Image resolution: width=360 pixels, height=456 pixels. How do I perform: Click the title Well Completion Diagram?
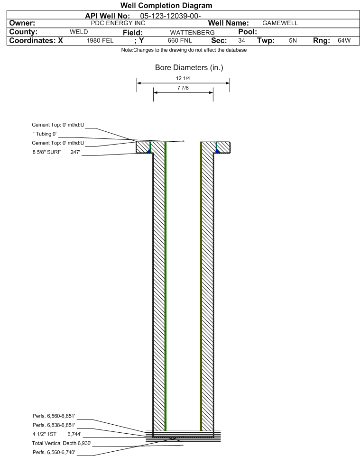pos(166,6)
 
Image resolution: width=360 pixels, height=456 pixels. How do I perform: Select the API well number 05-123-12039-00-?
pos(171,16)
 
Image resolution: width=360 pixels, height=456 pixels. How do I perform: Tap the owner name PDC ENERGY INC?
pos(118,23)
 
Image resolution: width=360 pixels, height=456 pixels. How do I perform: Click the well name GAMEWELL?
pos(280,23)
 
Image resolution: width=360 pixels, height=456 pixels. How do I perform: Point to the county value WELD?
pos(79,32)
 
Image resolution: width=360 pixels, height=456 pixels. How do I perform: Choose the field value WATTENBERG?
pos(193,33)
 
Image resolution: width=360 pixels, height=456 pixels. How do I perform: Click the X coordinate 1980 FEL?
pos(100,40)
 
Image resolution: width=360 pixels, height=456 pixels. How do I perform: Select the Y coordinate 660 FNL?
pos(180,40)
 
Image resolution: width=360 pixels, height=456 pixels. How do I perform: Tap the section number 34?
pos(241,40)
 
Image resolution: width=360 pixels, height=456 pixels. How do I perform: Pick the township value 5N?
pos(293,40)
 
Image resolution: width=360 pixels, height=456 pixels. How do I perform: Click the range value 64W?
pos(344,40)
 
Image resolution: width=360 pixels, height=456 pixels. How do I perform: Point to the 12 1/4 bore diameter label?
pos(183,78)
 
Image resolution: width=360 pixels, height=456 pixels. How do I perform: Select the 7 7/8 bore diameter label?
pos(183,88)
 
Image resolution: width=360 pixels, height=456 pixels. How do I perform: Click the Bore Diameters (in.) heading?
pos(189,68)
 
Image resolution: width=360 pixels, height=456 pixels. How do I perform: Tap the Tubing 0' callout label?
pos(45,134)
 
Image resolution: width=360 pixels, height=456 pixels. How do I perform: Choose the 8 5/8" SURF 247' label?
pos(56,152)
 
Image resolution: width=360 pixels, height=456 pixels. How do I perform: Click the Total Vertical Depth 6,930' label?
pos(62,443)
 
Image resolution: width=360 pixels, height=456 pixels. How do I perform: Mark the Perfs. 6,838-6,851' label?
pos(54,425)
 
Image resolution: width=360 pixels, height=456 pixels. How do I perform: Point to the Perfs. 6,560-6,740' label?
pos(54,452)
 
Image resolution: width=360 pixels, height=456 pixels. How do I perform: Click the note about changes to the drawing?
pos(184,50)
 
